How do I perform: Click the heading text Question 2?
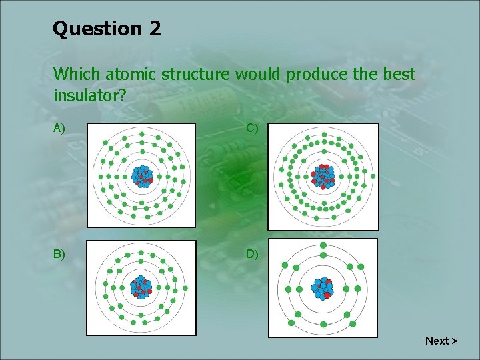click(x=107, y=29)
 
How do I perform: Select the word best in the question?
click(x=397, y=74)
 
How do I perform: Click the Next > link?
click(x=441, y=341)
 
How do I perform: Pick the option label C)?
click(x=252, y=128)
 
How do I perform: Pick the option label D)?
click(x=252, y=254)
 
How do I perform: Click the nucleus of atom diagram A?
click(x=141, y=175)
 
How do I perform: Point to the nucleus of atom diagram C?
click(x=323, y=176)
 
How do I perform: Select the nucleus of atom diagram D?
click(x=323, y=289)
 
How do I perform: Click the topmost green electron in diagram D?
click(x=323, y=245)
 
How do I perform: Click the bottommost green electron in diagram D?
click(x=323, y=333)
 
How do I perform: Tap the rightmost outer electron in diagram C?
click(x=373, y=177)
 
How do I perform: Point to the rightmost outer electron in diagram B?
click(x=185, y=289)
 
